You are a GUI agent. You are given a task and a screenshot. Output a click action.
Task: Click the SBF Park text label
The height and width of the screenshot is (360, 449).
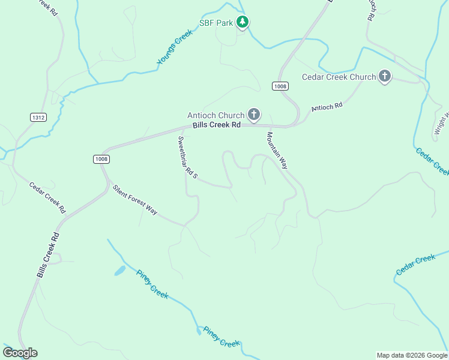point(216,23)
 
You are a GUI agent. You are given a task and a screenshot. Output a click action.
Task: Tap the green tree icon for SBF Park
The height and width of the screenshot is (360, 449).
point(242,23)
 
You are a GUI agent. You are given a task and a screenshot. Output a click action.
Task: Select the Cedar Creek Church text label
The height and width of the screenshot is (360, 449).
point(339,77)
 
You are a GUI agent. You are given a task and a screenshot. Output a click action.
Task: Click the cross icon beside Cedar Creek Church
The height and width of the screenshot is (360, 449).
point(385,76)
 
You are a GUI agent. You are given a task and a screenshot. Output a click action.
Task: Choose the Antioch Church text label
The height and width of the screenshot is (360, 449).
point(215,115)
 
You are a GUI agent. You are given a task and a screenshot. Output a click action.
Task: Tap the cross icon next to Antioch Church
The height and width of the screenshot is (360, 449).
point(254,115)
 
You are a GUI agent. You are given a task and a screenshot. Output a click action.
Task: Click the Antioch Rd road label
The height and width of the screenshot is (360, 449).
point(327,107)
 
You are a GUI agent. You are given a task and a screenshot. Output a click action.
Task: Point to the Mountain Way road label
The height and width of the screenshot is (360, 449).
point(277,151)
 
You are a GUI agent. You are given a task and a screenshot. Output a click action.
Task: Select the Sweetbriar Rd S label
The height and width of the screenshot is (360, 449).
point(187,157)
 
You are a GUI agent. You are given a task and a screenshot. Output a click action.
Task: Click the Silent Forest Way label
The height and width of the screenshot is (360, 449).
point(135,200)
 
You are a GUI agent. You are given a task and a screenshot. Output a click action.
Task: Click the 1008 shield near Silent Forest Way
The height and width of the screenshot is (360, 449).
point(101,158)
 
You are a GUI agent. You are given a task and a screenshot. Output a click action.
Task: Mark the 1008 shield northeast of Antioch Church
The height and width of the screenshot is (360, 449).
point(280,86)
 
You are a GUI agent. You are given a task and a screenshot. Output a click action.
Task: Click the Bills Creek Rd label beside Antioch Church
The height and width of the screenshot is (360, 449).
point(216,125)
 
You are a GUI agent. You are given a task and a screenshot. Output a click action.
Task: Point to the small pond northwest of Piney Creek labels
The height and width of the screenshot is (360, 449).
point(120,271)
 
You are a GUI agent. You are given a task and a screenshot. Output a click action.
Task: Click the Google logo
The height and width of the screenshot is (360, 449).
point(20,353)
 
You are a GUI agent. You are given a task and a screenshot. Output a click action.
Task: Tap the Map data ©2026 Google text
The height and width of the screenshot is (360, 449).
point(412,355)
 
